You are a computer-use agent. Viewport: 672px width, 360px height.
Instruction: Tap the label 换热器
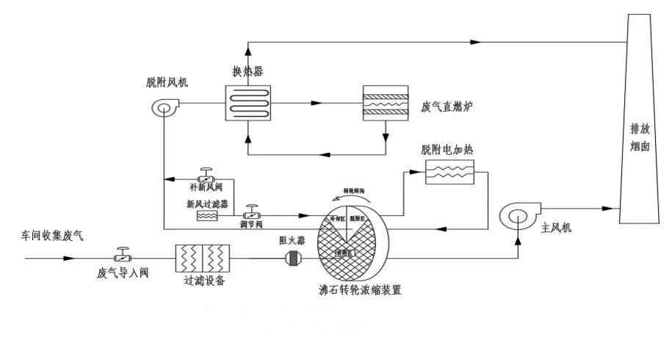pyautogui.click(x=248, y=71)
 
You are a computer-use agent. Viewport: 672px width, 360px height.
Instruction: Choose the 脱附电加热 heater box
pyautogui.click(x=450, y=173)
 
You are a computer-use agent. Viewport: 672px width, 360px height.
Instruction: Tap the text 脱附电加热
pyautogui.click(x=447, y=150)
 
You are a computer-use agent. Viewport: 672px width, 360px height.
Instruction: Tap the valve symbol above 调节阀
pyautogui.click(x=251, y=214)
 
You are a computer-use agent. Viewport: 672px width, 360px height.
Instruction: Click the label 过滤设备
pyautogui.click(x=203, y=281)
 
